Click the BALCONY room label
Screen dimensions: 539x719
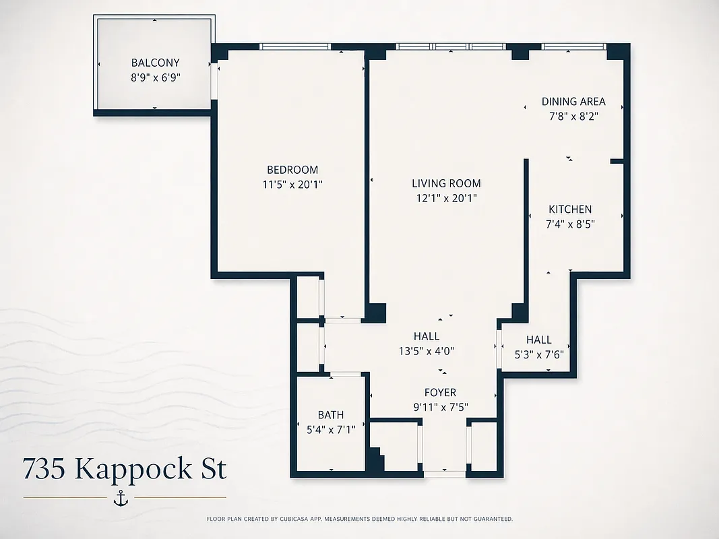coord(155,63)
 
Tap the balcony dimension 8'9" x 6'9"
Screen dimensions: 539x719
coord(155,77)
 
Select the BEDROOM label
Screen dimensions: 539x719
coord(292,170)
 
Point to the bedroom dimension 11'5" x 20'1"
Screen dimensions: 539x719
coord(292,184)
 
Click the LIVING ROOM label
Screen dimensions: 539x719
coord(446,183)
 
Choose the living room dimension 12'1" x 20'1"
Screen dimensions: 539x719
coord(446,198)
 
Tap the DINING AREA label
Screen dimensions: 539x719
coord(573,102)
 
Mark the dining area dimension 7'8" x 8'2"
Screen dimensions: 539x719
coord(573,116)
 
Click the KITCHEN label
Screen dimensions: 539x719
coord(570,210)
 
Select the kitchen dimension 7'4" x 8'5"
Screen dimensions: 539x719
coord(570,224)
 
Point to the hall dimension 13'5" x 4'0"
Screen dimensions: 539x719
coord(427,350)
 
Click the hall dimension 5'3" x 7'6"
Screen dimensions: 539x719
coord(538,354)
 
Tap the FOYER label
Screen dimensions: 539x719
coord(440,392)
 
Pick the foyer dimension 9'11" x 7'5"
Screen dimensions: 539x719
coord(440,407)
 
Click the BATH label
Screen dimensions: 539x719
coord(331,415)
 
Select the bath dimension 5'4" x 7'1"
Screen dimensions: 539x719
coord(331,429)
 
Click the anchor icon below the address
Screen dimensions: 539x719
coord(121,498)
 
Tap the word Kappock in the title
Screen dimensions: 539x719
coord(134,468)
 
